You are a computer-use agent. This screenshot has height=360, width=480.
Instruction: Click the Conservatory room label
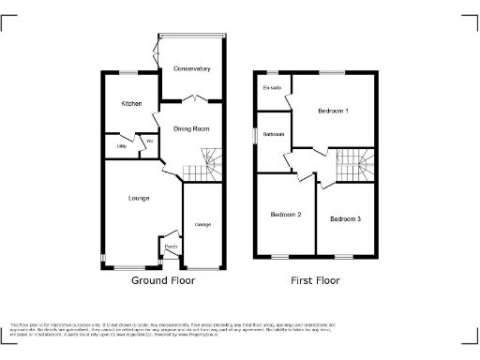(x=191, y=69)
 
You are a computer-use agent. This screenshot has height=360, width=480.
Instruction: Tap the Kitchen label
(x=129, y=103)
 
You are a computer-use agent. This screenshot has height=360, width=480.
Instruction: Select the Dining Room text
(x=191, y=129)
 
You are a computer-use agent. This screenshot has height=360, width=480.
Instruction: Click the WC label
(x=147, y=142)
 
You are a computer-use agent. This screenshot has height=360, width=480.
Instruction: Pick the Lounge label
(x=139, y=198)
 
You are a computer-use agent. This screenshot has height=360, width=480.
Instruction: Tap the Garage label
(x=202, y=225)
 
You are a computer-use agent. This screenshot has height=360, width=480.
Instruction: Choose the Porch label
(x=171, y=247)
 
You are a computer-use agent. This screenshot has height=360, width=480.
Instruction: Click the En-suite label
(x=273, y=89)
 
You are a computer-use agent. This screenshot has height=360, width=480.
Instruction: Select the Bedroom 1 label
(x=333, y=112)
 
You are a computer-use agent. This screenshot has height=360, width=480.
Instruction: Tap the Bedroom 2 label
(x=286, y=215)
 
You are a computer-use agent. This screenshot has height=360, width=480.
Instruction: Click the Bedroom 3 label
(x=345, y=219)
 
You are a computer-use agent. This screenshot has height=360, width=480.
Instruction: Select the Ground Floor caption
(x=162, y=280)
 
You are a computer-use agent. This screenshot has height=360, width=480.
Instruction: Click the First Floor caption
(x=315, y=280)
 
